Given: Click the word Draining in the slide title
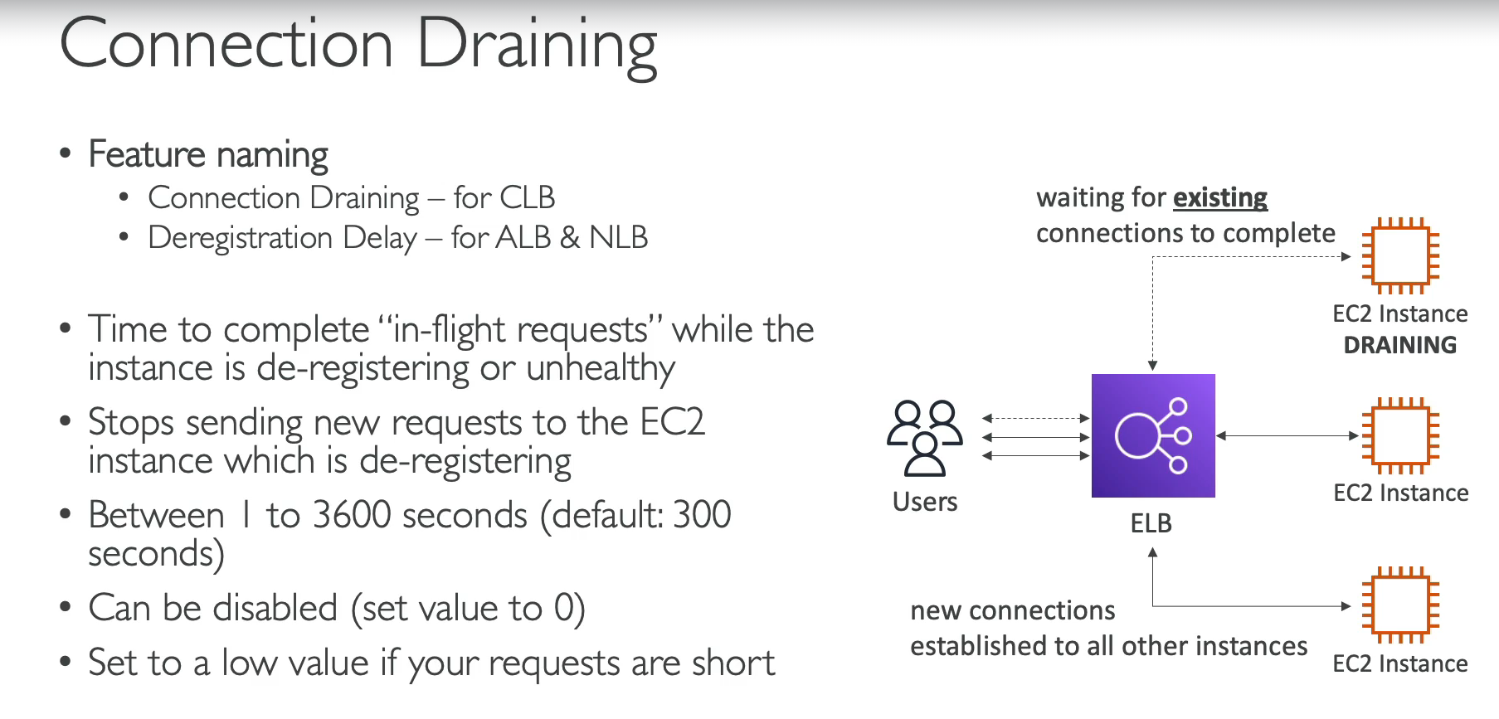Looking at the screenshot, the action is tap(537, 46).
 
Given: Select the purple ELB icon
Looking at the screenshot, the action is tap(1153, 435).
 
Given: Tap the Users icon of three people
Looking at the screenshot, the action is tap(925, 438).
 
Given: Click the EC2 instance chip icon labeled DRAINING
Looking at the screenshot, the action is tap(1400, 256).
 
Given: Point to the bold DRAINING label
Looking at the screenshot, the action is tap(1400, 345).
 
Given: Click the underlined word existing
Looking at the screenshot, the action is tap(1220, 198).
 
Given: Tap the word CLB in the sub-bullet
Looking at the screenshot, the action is tap(528, 198).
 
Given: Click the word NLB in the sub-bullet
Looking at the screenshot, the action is tap(618, 238).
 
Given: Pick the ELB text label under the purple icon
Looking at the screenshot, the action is tap(1151, 523).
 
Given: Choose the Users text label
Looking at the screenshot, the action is tap(925, 502).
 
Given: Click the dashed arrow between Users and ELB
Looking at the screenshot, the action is tap(1035, 419).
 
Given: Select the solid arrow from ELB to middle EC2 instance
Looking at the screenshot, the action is tap(1287, 435).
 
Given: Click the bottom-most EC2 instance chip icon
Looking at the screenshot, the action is tap(1400, 605).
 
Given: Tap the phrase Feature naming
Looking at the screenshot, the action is tap(208, 155).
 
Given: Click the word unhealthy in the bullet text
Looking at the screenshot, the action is tap(601, 369).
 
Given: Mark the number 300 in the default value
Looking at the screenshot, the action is tap(702, 515).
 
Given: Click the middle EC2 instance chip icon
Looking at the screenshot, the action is tap(1400, 435).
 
